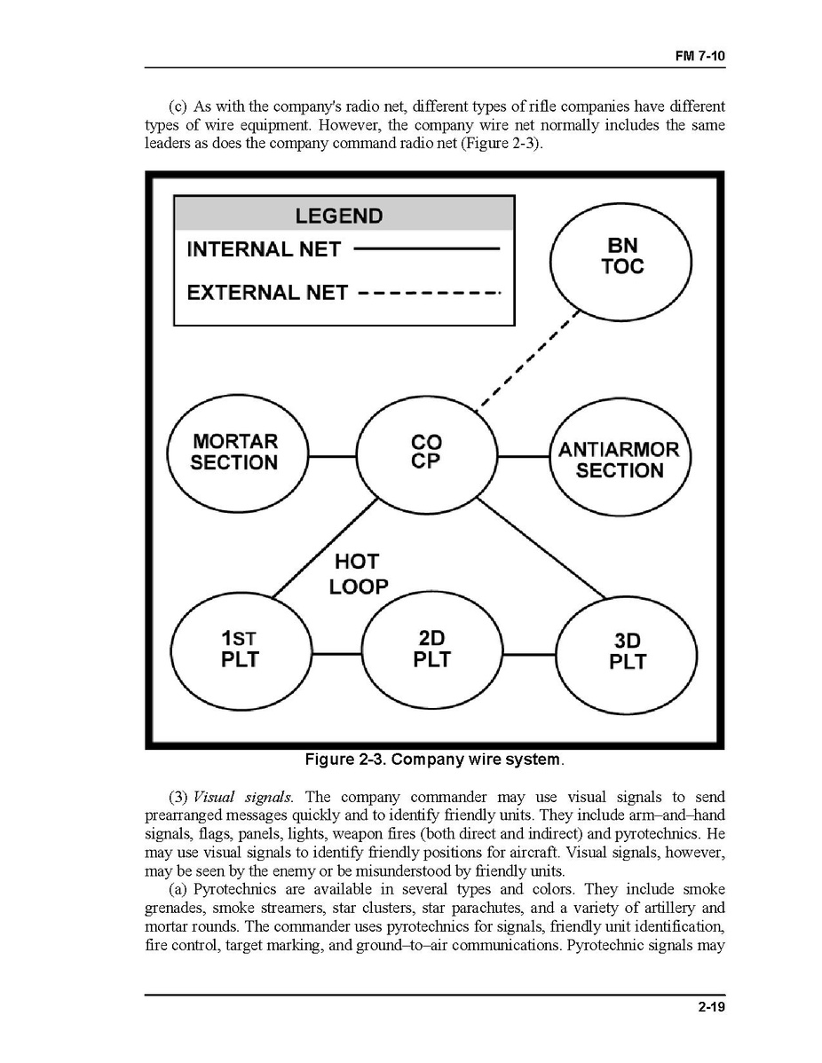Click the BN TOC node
point(621,256)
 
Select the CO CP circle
point(426,453)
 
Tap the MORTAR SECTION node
point(235,453)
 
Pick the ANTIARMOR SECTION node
point(620,459)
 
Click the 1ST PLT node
point(240,650)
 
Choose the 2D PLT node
point(432,650)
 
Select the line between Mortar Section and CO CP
point(331,457)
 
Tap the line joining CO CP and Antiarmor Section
point(523,457)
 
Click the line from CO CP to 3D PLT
point(541,547)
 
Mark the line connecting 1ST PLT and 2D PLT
point(337,655)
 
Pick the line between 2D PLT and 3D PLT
point(529,655)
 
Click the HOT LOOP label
point(359,574)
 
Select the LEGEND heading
point(338,216)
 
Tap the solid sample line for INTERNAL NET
point(426,249)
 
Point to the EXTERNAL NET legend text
point(267,292)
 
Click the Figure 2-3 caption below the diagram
point(434,760)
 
